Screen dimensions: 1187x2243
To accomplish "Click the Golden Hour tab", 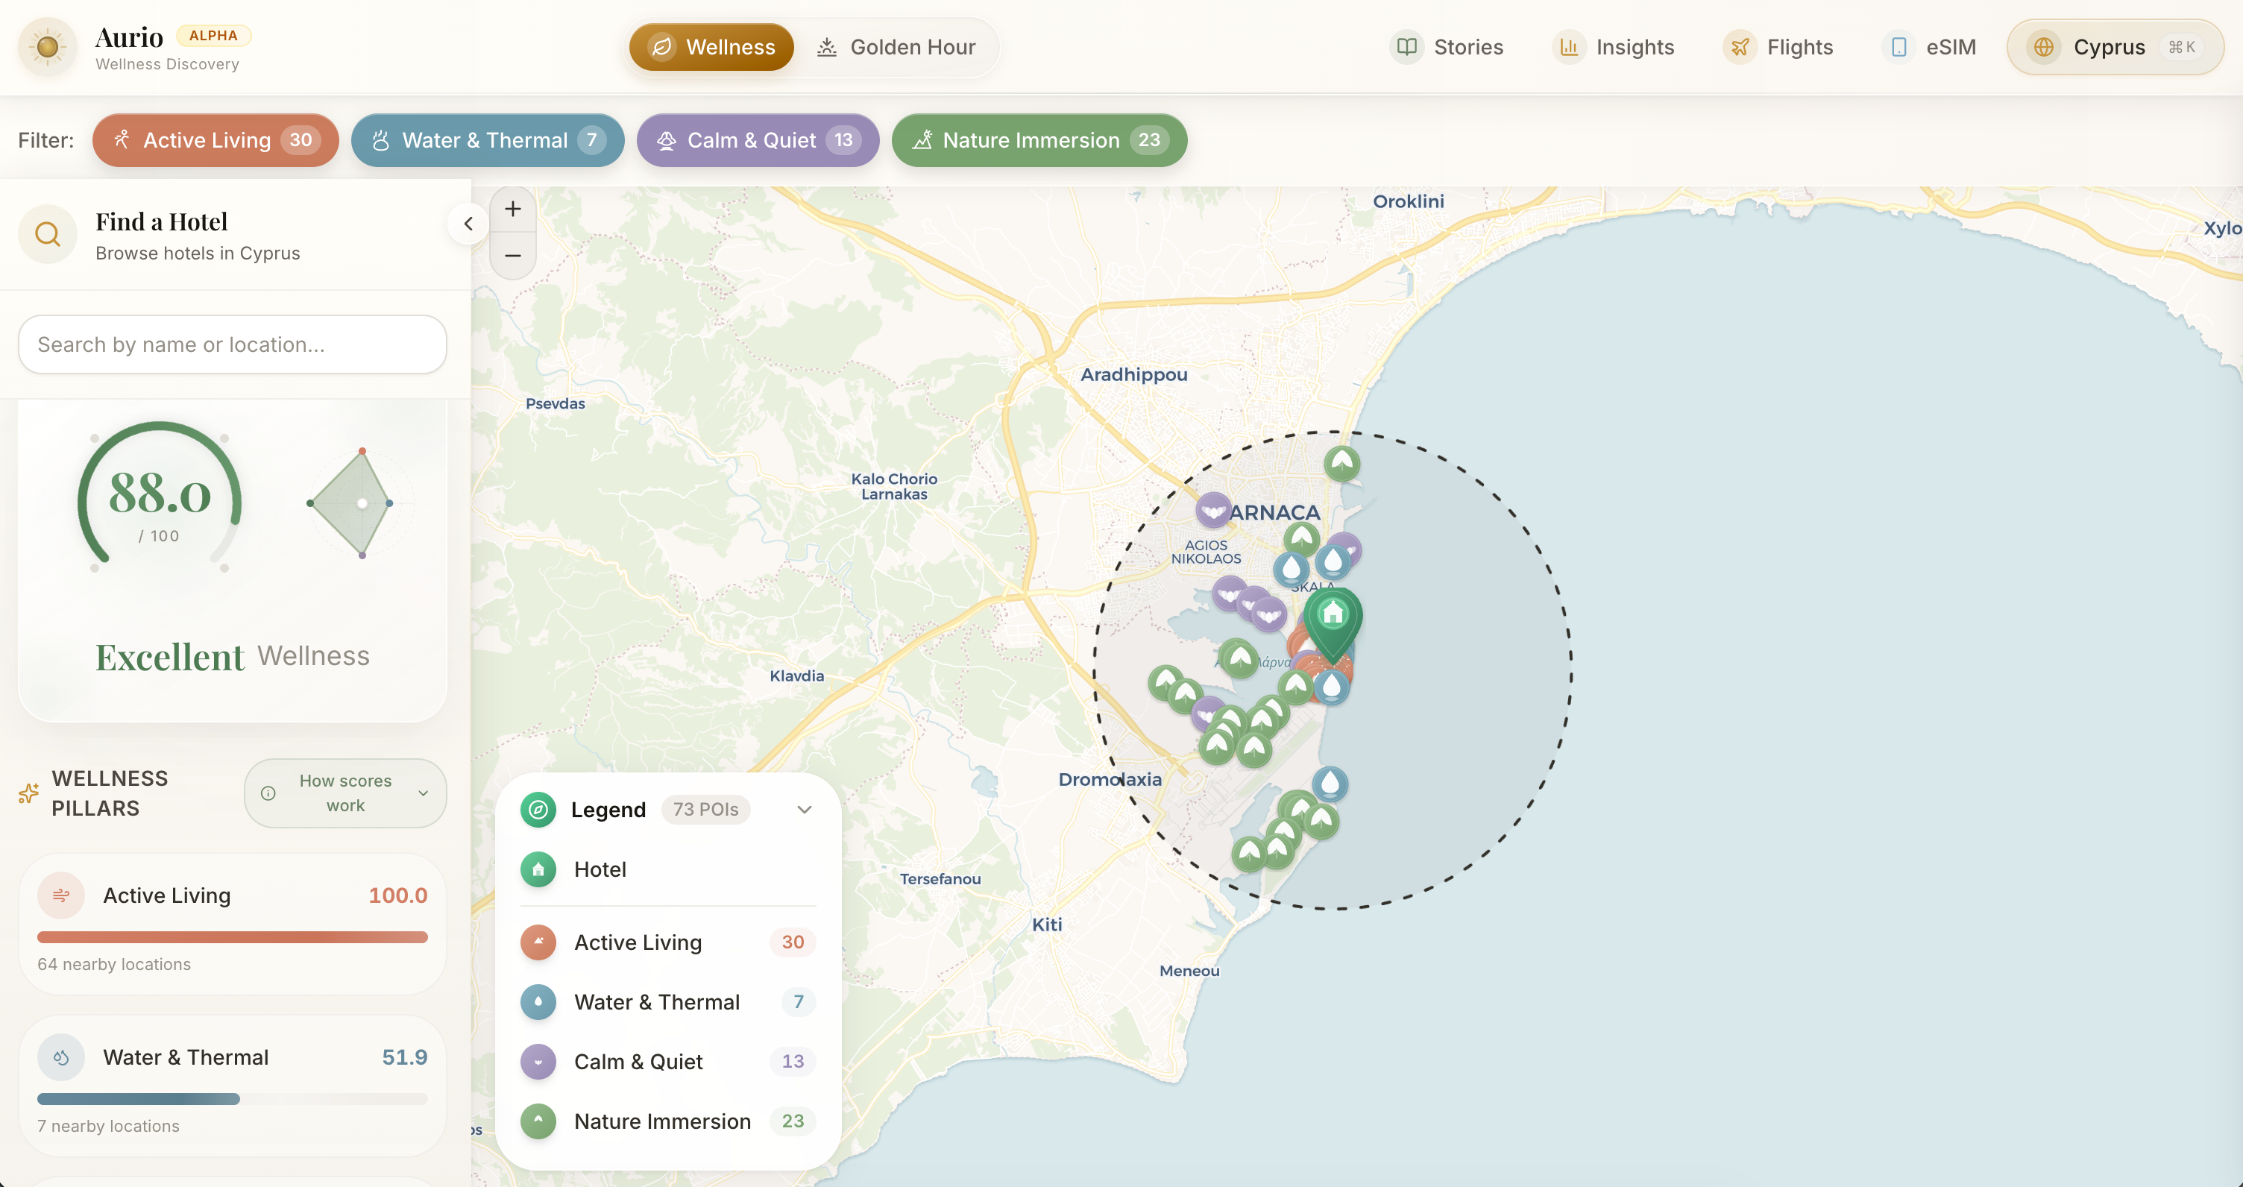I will pyautogui.click(x=896, y=47).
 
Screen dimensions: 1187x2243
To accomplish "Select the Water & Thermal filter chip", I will pyautogui.click(x=487, y=140).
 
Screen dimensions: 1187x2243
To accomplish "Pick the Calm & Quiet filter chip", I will pyautogui.click(x=757, y=140).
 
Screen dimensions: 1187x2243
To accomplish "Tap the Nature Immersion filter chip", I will pyautogui.click(x=1039, y=140).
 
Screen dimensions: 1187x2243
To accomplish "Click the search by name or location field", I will pyautogui.click(x=233, y=345).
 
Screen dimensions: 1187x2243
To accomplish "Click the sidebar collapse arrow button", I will pyautogui.click(x=468, y=224).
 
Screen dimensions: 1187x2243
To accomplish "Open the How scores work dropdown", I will pyautogui.click(x=346, y=793).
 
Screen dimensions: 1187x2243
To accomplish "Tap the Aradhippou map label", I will pyautogui.click(x=1133, y=374).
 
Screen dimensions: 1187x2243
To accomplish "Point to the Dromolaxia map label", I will pyautogui.click(x=1110, y=779).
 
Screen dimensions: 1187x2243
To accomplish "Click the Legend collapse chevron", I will pyautogui.click(x=805, y=810).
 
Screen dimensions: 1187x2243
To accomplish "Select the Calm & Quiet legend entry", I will pyautogui.click(x=638, y=1062).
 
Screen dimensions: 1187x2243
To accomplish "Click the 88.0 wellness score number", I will pyautogui.click(x=160, y=494).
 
